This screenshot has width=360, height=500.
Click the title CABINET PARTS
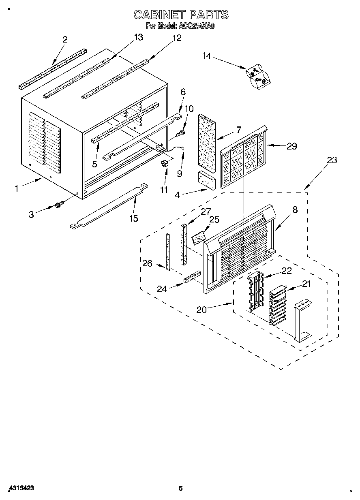click(x=181, y=15)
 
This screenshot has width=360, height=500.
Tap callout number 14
click(x=207, y=56)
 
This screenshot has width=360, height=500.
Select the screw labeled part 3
click(x=58, y=205)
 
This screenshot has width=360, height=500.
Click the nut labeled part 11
click(x=165, y=163)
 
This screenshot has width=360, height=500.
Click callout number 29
click(x=291, y=146)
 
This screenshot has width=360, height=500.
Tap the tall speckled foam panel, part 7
click(x=207, y=139)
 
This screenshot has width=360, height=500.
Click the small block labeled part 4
click(x=206, y=180)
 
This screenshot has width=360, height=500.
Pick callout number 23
click(x=332, y=160)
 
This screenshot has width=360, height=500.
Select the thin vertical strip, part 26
click(x=167, y=251)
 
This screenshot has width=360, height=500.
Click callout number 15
click(x=133, y=218)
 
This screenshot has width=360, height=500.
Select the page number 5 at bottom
click(x=181, y=488)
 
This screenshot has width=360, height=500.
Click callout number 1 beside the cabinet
click(x=17, y=188)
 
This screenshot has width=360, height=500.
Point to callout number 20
click(x=201, y=310)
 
